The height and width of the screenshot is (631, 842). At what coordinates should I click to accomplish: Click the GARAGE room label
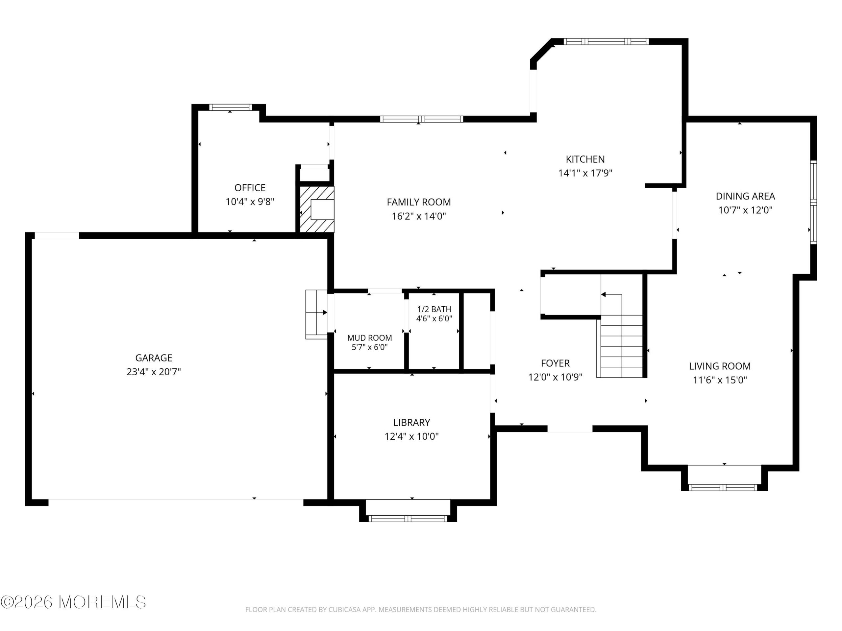point(154,358)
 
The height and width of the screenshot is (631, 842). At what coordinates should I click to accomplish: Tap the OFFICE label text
point(250,188)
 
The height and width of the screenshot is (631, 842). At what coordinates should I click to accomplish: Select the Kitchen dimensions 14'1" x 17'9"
point(585,173)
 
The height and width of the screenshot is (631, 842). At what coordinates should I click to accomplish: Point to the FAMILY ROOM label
point(419,202)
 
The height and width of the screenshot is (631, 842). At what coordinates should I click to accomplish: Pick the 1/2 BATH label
point(434,309)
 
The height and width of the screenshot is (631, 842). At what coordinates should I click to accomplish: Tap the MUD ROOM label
point(370,338)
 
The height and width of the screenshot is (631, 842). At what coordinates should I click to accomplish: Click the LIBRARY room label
point(411,423)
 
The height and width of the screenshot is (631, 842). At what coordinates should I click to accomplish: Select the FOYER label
point(556,363)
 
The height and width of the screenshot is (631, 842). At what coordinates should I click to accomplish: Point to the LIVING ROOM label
point(720,366)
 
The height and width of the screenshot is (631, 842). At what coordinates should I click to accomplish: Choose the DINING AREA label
point(745,196)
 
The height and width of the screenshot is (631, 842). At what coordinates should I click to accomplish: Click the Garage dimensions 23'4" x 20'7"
point(154,372)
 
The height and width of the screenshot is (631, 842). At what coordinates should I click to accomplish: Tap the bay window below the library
point(408,518)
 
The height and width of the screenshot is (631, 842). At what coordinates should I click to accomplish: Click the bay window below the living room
point(723,487)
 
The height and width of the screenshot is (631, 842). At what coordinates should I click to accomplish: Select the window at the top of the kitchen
point(606,42)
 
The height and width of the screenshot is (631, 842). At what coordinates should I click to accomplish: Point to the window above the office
point(230,107)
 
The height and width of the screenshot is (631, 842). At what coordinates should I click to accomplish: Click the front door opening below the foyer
point(570,429)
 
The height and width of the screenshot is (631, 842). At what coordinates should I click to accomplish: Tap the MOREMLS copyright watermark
point(73,602)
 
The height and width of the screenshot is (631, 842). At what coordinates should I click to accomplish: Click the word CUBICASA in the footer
point(344,610)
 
